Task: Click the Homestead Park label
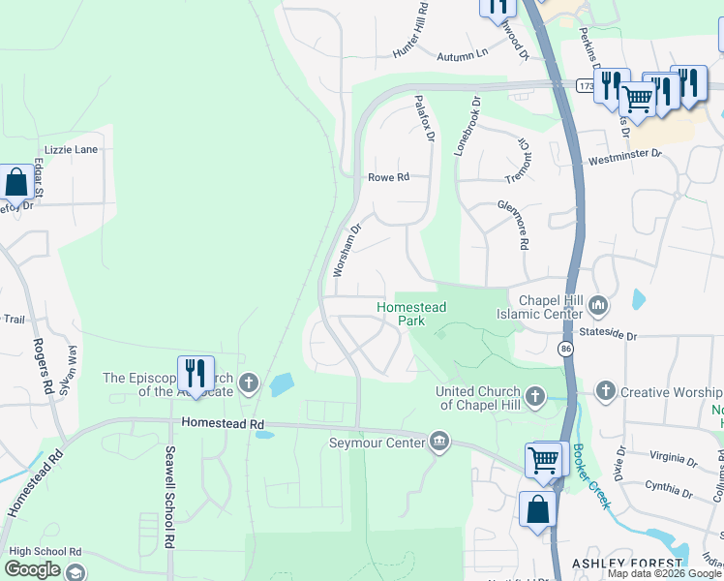point(411,313)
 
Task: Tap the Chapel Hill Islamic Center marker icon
point(599,307)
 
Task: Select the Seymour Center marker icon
point(439,443)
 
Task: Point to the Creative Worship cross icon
point(606,392)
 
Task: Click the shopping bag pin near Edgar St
point(16,181)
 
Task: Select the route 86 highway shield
point(567,347)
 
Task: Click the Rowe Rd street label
point(389,177)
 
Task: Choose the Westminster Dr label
point(624,154)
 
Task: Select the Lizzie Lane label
point(66,150)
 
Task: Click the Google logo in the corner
point(32,569)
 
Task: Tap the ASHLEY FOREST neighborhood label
point(627,564)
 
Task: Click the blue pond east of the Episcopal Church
point(281,385)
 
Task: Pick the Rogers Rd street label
point(44,364)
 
